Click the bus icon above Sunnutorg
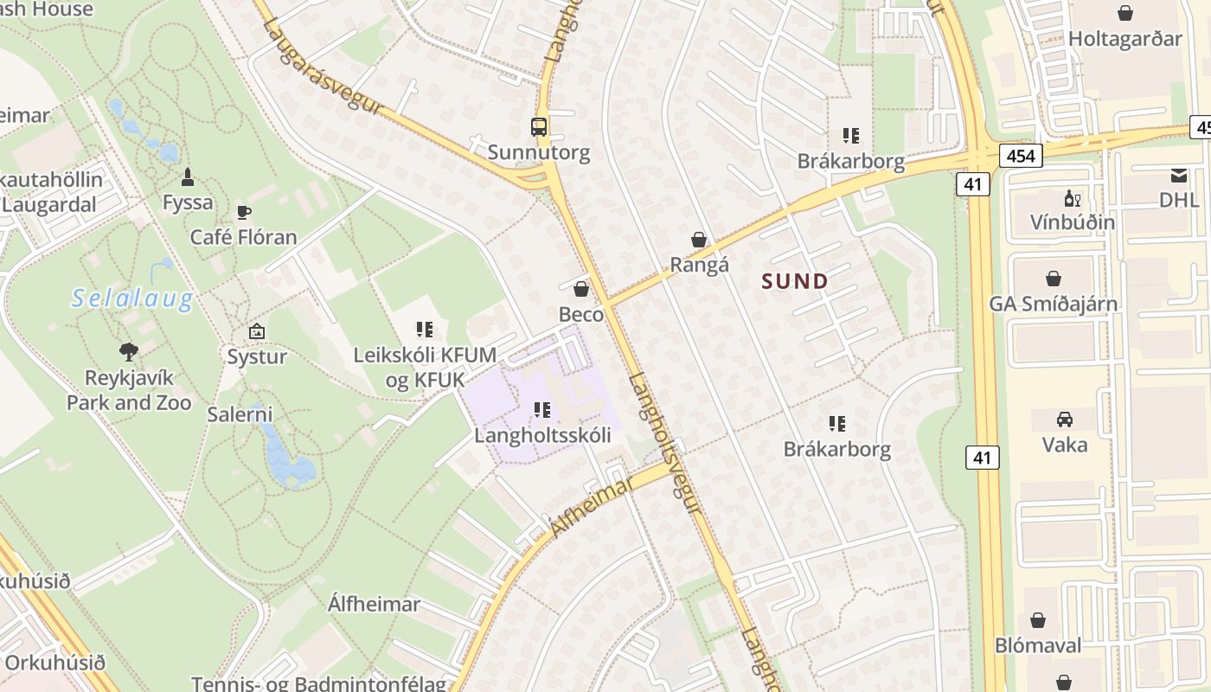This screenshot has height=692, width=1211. coord(539,127)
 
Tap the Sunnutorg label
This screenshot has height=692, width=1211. coord(539,153)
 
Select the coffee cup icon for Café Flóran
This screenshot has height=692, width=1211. coord(244,212)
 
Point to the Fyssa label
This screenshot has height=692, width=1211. coord(188,202)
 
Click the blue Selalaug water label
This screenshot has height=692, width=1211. coord(132,299)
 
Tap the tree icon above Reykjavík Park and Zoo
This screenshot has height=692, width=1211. coord(129,351)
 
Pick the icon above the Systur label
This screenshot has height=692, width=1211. coord(257,331)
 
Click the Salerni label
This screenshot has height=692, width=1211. coord(240,414)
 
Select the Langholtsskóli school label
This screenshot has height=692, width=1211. coord(542,435)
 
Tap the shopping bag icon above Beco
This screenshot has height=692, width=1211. coord(581,288)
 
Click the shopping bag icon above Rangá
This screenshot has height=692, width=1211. coord(699,239)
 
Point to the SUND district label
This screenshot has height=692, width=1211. coord(795,281)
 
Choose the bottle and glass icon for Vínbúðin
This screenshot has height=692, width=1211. coord(1073,198)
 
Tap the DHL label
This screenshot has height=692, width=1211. coord(1179,200)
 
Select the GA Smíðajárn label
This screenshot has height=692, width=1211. coord(1053,304)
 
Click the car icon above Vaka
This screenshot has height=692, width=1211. coord(1065,420)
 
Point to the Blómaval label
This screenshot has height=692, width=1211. coord(1038,646)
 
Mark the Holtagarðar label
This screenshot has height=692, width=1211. coord(1124,39)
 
